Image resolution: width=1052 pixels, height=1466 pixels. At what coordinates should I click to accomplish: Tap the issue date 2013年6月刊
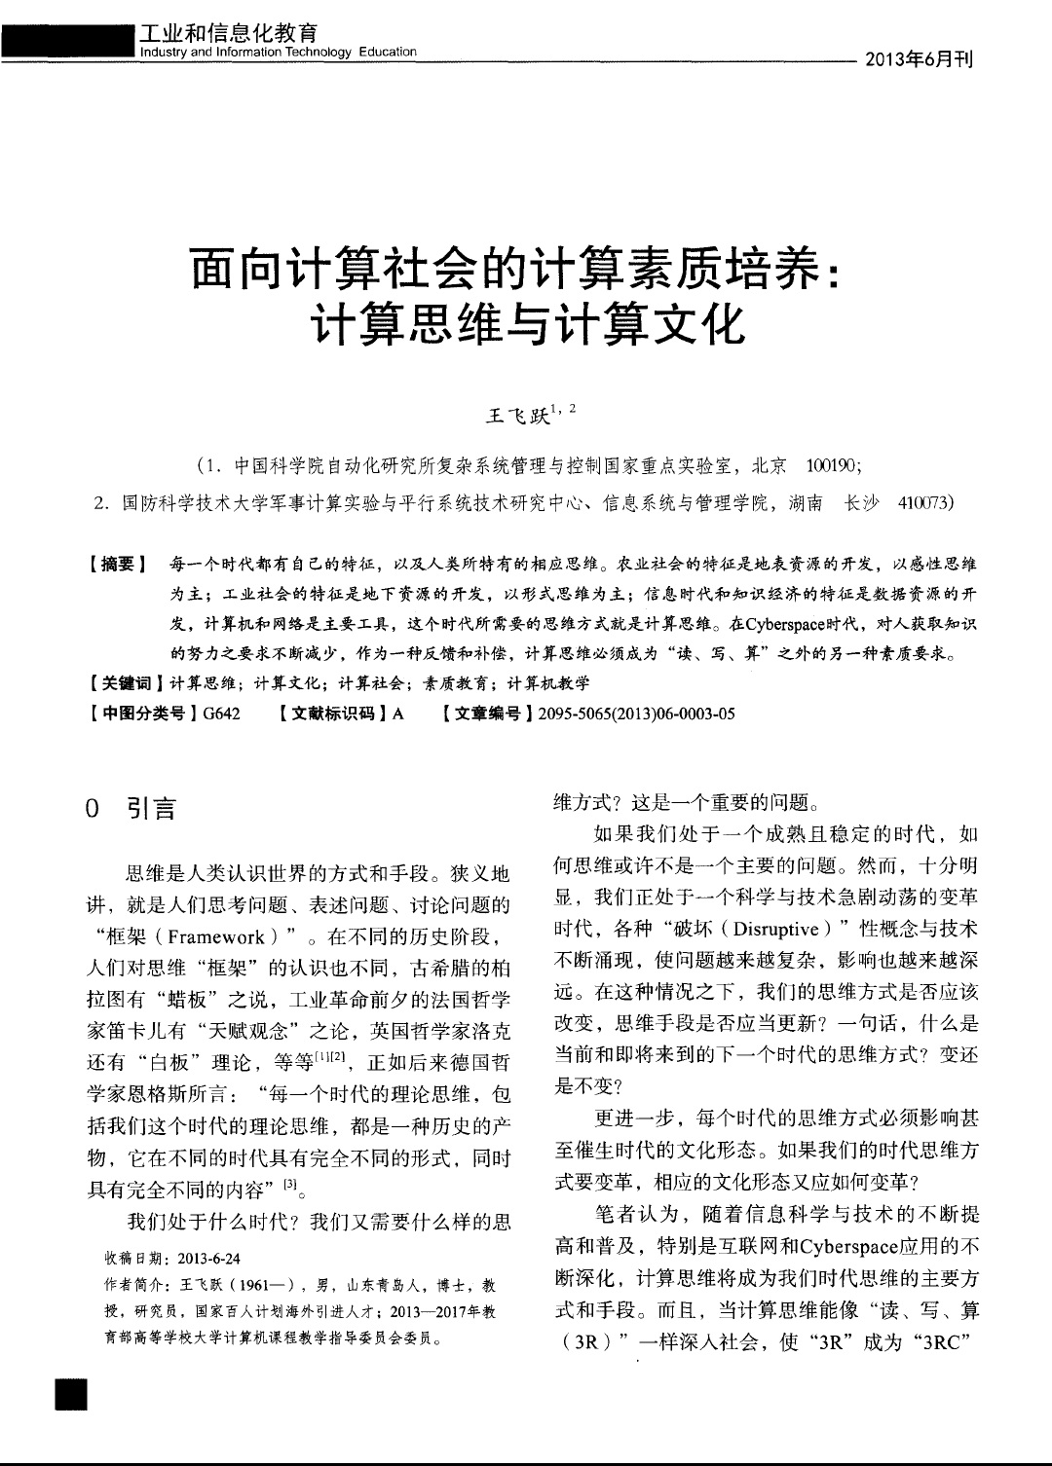(x=919, y=59)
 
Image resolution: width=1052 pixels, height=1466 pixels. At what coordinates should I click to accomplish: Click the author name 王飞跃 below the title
(x=515, y=416)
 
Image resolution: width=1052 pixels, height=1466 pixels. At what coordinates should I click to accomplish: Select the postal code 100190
(x=830, y=466)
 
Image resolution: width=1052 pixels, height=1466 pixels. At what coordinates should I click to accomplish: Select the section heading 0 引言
(x=131, y=808)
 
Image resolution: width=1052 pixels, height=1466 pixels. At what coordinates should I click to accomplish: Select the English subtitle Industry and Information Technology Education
(x=278, y=52)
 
